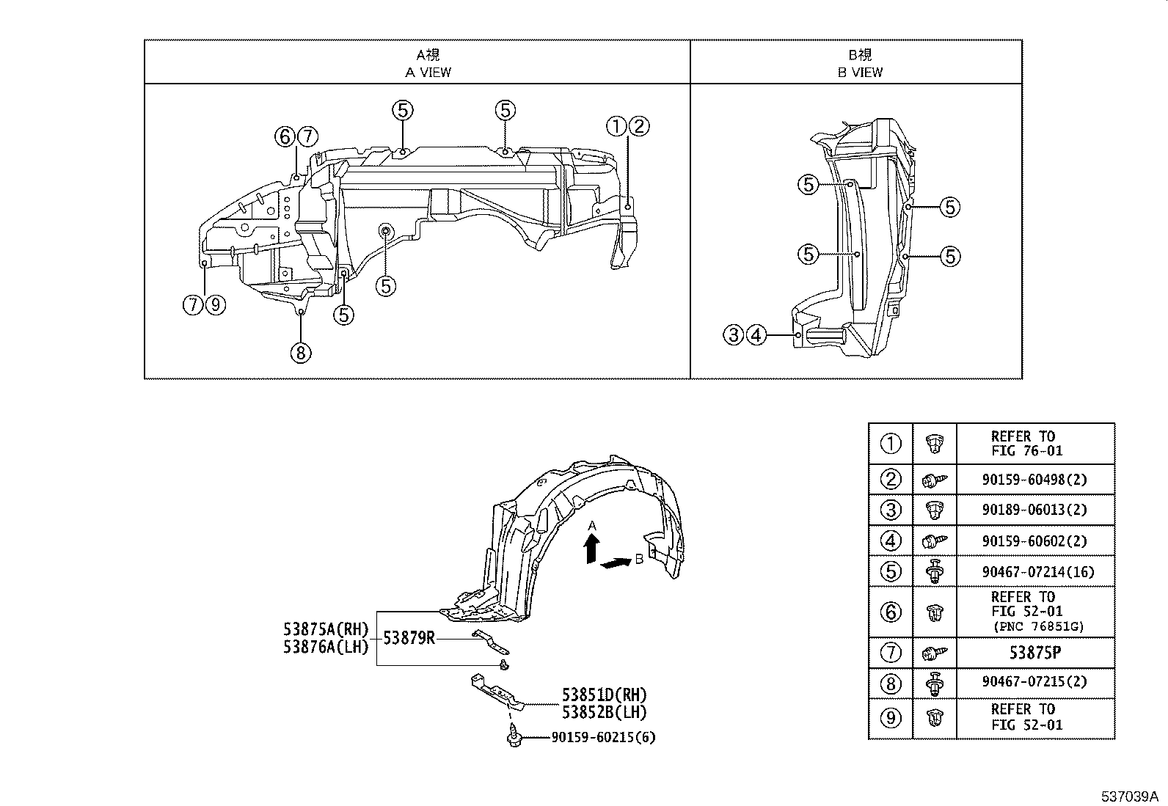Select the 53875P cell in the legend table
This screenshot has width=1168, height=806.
pos(1036,652)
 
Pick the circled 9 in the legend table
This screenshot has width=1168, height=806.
pos(890,717)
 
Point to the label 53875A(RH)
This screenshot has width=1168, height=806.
pos(326,629)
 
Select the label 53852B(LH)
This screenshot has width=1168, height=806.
pos(605,711)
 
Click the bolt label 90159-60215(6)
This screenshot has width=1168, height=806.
pos(603,737)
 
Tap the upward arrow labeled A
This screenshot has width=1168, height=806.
pos(592,549)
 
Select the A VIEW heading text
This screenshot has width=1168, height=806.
pos(428,72)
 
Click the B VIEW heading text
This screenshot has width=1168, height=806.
pos(860,72)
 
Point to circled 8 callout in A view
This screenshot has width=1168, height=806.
pos(300,353)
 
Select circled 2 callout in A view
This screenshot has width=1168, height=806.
pos(639,127)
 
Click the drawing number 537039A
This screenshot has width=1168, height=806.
pos(1128,796)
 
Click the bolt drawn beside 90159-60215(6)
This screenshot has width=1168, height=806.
pos(514,736)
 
